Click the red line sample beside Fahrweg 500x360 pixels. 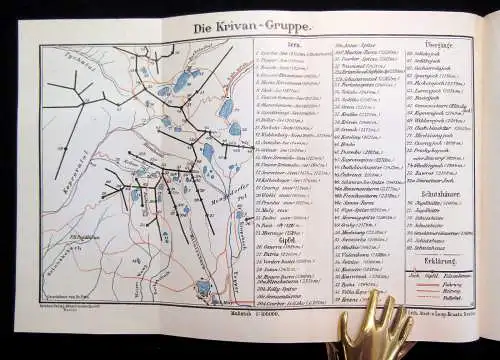[461, 284]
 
